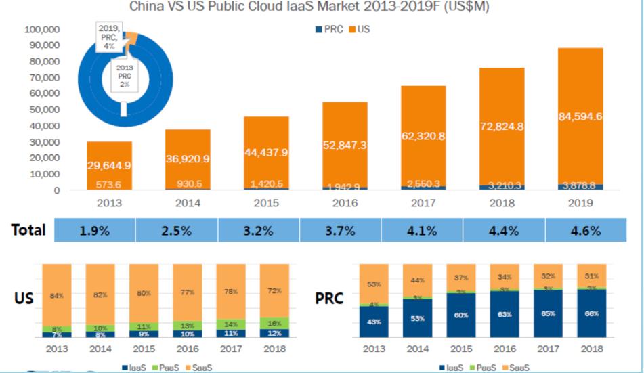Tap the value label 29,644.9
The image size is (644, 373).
coord(109,165)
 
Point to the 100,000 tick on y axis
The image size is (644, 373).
coord(42,30)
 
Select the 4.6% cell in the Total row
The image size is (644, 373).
coord(586,230)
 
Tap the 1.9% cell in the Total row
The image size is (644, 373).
coord(95,230)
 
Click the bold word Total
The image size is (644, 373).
coord(28,229)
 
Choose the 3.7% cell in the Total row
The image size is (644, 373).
coord(340,230)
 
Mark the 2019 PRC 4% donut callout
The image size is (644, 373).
coord(108,37)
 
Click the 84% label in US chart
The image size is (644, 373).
coord(56,295)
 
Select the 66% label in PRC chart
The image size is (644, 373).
coord(591,313)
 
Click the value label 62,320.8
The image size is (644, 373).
coord(423,136)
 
